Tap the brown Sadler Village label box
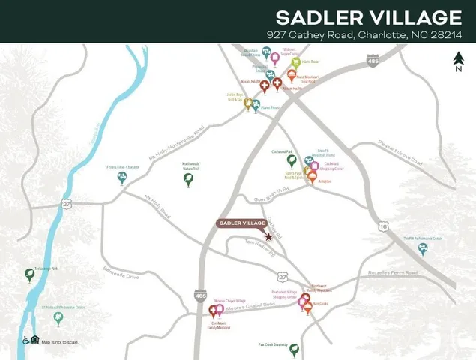click(x=242, y=223)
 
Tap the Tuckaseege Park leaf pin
click(x=30, y=275)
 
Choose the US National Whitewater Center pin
click(x=58, y=317)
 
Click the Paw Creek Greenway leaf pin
click(x=295, y=349)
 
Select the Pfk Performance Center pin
click(x=423, y=248)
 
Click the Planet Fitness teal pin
click(x=256, y=105)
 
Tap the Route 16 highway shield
click(x=384, y=226)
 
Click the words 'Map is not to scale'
click(x=60, y=342)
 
